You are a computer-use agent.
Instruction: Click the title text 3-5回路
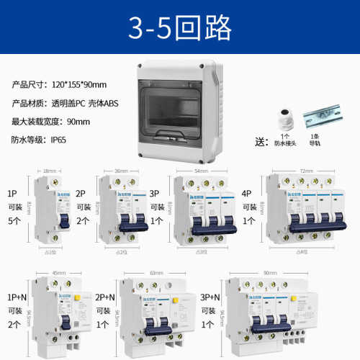coord(180,27)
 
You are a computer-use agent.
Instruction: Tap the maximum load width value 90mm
coord(76,121)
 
